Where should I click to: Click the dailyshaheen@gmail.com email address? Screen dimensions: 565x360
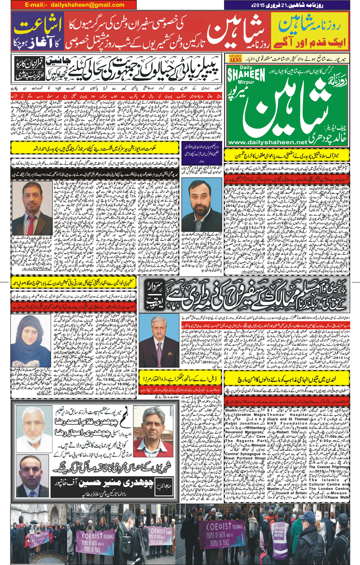[88, 5]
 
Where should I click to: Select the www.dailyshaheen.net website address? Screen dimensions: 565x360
[268, 142]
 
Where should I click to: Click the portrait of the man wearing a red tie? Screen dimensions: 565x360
[32, 208]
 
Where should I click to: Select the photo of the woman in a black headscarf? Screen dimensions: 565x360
[31, 340]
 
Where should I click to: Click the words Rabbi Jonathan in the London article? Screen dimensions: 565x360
[243, 423]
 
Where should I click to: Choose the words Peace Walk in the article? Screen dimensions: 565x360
[337, 497]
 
